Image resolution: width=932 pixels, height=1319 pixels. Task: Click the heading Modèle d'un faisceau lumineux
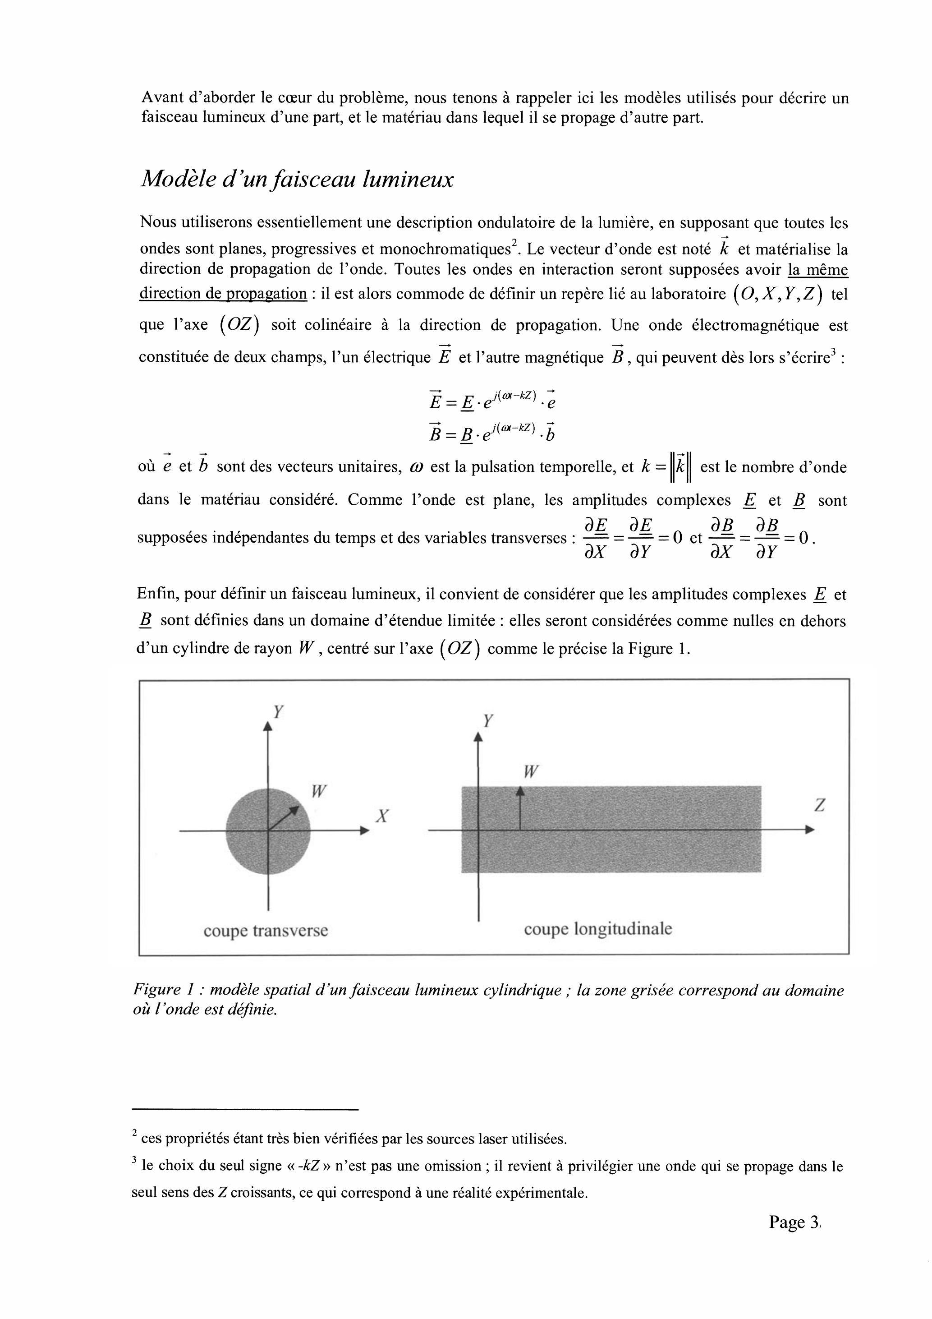(297, 179)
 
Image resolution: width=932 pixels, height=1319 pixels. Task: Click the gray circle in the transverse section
(253, 844)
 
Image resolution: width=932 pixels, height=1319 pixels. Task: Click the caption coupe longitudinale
(597, 929)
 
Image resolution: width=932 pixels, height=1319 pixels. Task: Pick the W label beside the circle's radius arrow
(319, 792)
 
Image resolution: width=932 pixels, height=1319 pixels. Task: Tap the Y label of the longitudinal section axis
(488, 721)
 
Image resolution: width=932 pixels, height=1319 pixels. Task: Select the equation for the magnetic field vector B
(492, 432)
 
